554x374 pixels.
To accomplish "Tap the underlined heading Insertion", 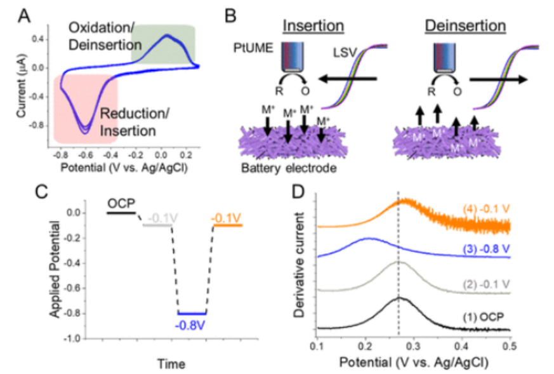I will pos(313,27).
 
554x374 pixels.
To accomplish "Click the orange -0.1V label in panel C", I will pos(227,219).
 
